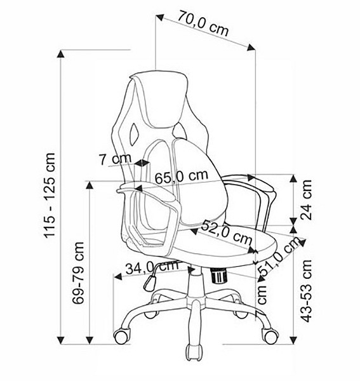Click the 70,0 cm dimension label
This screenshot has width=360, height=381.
coord(203,23)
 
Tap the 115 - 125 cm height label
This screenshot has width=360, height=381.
coord(50,195)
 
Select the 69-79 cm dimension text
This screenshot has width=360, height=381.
coord(78,272)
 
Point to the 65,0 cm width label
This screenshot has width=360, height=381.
coord(182,177)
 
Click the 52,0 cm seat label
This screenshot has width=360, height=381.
coord(227,232)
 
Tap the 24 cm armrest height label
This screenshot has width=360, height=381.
coord(305,200)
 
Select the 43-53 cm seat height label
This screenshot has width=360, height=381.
coord(305,291)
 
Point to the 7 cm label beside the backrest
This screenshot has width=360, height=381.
coord(115,159)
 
